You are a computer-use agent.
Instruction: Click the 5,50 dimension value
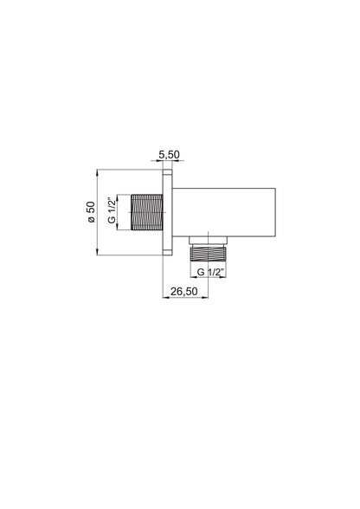pyautogui.click(x=169, y=155)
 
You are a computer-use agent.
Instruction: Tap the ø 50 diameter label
pyautogui.click(x=91, y=212)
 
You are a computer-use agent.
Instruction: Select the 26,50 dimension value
pyautogui.click(x=184, y=292)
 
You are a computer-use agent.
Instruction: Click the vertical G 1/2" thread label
pyautogui.click(x=112, y=210)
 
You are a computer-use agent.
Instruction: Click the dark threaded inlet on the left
pyautogui.click(x=147, y=212)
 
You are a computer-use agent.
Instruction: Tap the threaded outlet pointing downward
pyautogui.click(x=208, y=252)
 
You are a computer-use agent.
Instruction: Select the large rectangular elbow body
pyautogui.click(x=223, y=212)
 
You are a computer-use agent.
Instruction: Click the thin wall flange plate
pyautogui.click(x=167, y=212)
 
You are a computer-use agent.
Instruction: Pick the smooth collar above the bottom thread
pyautogui.click(x=208, y=241)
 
